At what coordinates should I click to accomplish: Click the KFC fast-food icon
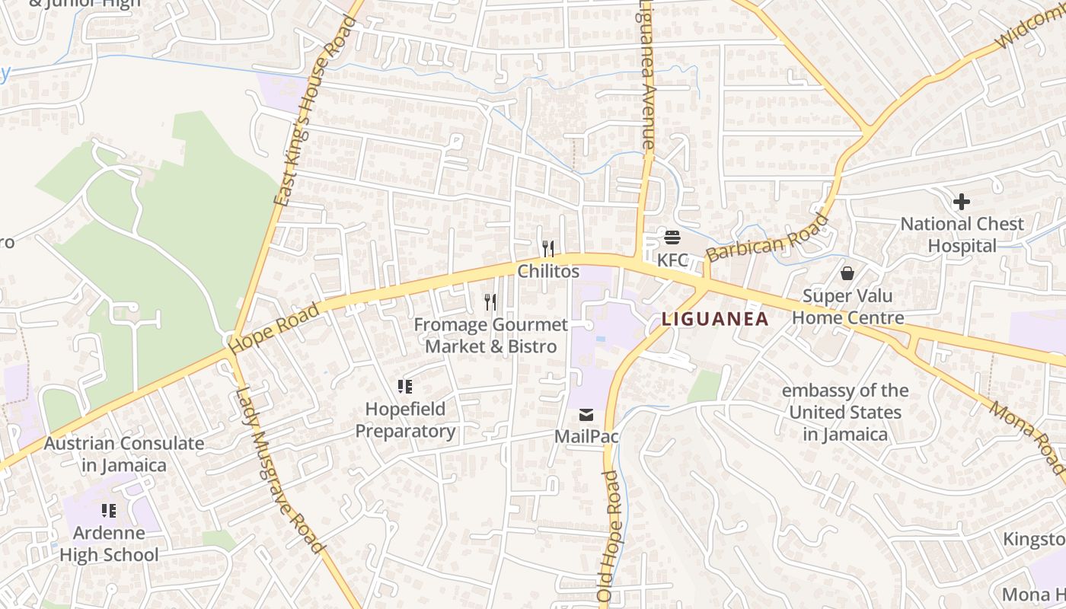tap(672, 238)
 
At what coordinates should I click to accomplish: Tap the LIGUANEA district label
tap(715, 319)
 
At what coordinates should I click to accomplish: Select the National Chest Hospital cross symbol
tap(962, 202)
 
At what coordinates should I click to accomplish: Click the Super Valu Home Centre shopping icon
tap(847, 273)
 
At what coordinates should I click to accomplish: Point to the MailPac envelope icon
tap(586, 415)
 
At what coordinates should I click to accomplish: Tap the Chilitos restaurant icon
tap(547, 249)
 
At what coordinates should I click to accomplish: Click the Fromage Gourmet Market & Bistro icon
tap(490, 302)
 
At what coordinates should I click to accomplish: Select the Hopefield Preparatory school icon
tap(405, 387)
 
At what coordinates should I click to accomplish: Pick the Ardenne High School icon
tap(109, 510)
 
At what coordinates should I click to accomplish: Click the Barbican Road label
tap(767, 238)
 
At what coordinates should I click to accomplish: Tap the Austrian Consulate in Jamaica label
tap(123, 454)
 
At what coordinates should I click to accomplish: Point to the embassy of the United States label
tap(845, 413)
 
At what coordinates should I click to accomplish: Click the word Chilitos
tap(548, 271)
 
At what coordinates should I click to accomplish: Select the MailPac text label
tap(586, 437)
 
